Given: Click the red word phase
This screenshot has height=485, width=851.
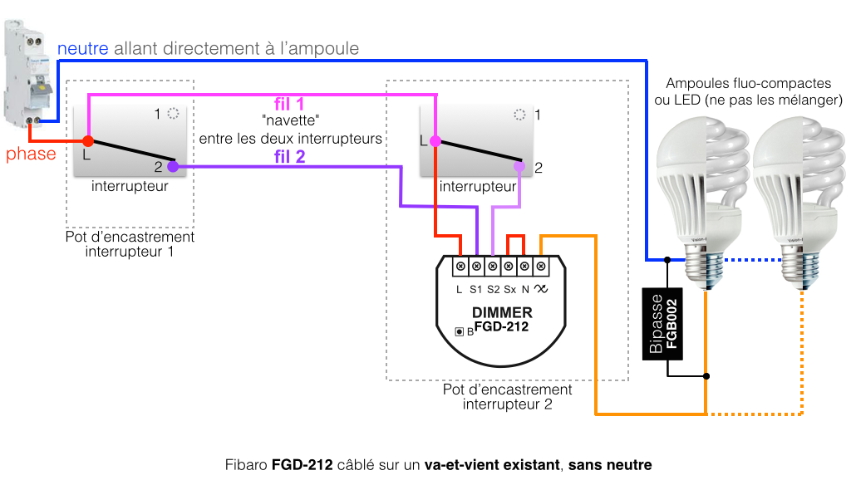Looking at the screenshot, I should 31,154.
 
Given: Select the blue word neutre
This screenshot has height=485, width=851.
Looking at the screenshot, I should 83,49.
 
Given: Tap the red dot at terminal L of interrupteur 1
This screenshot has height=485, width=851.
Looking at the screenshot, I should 88,142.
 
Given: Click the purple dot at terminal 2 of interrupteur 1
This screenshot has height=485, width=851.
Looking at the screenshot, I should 172,166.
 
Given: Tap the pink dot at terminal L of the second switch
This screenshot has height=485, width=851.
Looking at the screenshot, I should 435,141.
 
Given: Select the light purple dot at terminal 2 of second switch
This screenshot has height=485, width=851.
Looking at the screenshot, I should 519,166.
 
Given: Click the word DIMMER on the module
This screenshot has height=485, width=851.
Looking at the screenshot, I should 502,313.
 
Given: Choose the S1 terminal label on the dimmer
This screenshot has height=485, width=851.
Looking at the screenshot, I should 475,290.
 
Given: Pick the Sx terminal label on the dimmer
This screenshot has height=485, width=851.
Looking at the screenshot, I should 509,290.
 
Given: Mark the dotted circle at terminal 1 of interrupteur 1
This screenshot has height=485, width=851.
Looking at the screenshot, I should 173,114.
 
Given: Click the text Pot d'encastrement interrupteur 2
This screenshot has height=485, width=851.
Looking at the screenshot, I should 507,397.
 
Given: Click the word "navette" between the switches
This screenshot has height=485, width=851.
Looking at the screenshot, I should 289,120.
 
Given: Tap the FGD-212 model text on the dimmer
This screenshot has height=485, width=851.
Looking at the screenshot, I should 501,327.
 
